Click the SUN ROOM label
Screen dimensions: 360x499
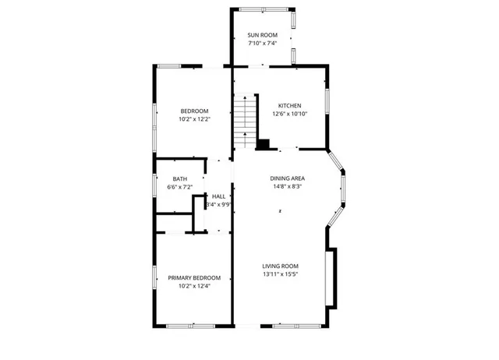[x=262, y=35]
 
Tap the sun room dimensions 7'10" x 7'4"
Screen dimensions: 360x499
[x=262, y=44]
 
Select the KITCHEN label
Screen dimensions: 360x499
[x=290, y=106]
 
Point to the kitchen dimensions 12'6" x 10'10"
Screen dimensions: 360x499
[x=290, y=115]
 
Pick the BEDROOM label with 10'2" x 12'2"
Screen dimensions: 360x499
[x=194, y=111]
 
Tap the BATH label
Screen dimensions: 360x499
[x=179, y=179]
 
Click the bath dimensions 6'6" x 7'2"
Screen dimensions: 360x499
[x=179, y=188]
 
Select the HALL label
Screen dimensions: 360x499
[x=218, y=196]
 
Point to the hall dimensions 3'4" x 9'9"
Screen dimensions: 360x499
[x=218, y=205]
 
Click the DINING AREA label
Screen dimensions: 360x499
[x=287, y=178]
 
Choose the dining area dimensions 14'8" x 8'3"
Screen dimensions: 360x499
[x=287, y=186]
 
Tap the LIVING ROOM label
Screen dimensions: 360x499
[x=280, y=266]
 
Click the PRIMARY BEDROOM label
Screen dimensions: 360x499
[x=194, y=277]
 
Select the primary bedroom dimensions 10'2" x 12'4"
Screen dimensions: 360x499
[x=194, y=286]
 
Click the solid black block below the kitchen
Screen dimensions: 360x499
[x=264, y=143]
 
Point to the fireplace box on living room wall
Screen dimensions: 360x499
[x=332, y=277]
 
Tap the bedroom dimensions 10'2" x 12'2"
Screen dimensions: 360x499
[x=194, y=120]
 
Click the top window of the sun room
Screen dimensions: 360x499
[x=263, y=9]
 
